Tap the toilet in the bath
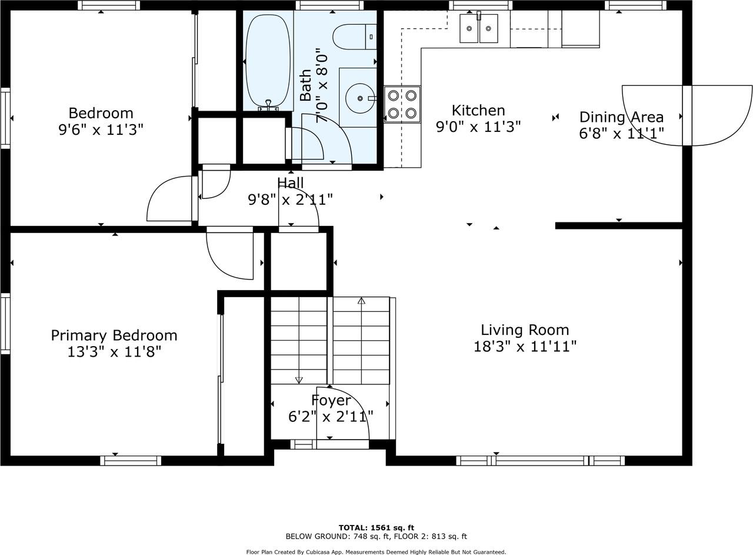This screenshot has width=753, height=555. (x=354, y=36)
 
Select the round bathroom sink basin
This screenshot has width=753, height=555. (x=359, y=98)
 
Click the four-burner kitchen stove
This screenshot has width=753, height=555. (x=402, y=105)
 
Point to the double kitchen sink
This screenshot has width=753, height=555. (x=478, y=28)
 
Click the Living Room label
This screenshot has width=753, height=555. (x=525, y=330)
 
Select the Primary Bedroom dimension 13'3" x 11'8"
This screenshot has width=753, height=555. (x=114, y=352)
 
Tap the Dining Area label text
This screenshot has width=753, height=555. (x=621, y=117)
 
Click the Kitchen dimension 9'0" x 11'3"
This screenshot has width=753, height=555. (x=478, y=127)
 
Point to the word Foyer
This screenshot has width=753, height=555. (x=331, y=400)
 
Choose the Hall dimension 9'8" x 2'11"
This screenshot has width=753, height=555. (x=290, y=200)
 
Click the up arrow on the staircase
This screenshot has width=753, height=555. (x=361, y=301)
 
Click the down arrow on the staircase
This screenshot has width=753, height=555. (x=299, y=380)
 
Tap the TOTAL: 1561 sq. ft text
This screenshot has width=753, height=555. (x=376, y=527)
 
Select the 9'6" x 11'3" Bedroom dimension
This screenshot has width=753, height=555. (x=101, y=129)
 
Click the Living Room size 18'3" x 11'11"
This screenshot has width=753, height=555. (x=525, y=346)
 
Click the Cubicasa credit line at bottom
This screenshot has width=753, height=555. (x=376, y=552)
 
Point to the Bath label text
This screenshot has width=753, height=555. (x=305, y=85)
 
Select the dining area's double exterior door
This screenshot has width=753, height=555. (x=687, y=115)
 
